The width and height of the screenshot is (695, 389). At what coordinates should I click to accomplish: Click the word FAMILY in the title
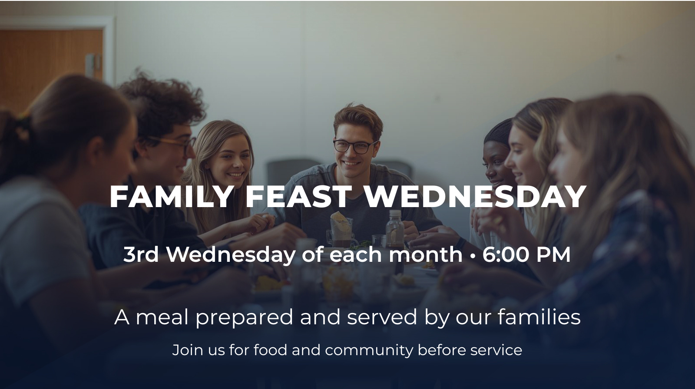pos(171,197)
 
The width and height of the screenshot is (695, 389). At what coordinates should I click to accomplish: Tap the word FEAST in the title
pos(298,197)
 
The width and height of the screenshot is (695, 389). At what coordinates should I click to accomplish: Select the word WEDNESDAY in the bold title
pos(475,197)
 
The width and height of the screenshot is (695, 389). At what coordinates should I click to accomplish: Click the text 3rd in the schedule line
pos(141,255)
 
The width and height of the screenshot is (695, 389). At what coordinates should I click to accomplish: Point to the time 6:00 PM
pos(526,255)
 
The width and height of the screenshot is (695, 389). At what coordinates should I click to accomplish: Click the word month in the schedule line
pos(426,255)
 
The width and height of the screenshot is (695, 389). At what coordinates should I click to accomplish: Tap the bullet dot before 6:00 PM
pos(473,256)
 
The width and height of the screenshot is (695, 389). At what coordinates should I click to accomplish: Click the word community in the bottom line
pos(369,350)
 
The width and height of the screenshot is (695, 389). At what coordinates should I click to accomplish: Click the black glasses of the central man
pos(356,146)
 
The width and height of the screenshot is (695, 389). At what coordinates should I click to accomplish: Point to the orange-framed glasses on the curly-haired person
pos(174,145)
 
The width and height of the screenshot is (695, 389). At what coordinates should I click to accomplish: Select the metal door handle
pos(93,65)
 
